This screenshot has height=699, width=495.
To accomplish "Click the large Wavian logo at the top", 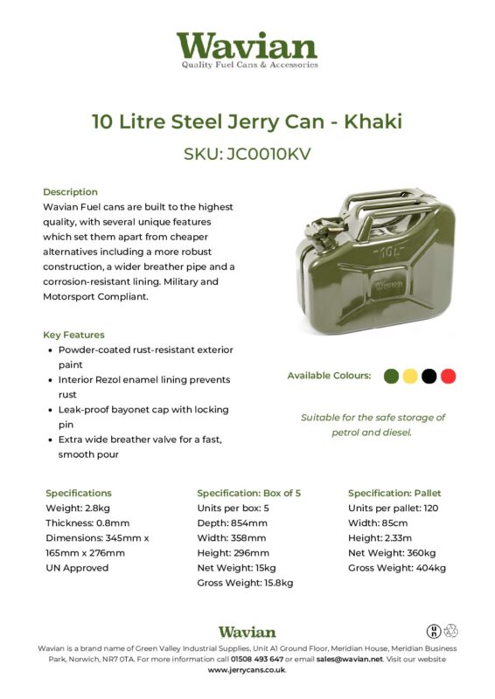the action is [x=247, y=49].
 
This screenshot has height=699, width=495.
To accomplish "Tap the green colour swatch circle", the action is [x=391, y=376].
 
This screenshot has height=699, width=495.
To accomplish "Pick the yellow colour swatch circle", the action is [x=409, y=376].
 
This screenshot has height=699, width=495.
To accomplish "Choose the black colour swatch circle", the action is [x=429, y=376].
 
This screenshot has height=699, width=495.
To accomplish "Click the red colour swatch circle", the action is [x=449, y=376].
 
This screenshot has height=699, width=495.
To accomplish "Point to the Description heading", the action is [x=70, y=191].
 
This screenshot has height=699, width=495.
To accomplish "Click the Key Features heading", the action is [x=73, y=335].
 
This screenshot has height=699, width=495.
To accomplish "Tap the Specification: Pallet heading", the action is [x=396, y=493].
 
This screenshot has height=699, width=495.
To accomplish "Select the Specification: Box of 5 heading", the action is [x=250, y=493].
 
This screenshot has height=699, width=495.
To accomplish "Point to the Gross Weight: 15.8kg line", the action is [x=245, y=582].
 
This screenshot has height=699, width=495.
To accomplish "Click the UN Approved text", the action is [x=77, y=567].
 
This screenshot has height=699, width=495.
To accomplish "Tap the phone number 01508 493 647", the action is [x=250, y=659].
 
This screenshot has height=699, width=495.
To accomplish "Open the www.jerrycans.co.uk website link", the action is [x=247, y=670].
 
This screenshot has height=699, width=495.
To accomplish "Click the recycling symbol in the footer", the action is [x=451, y=631].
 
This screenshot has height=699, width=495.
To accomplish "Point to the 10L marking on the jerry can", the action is [x=385, y=255].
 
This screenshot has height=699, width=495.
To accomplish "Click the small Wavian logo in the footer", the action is [x=247, y=632].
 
